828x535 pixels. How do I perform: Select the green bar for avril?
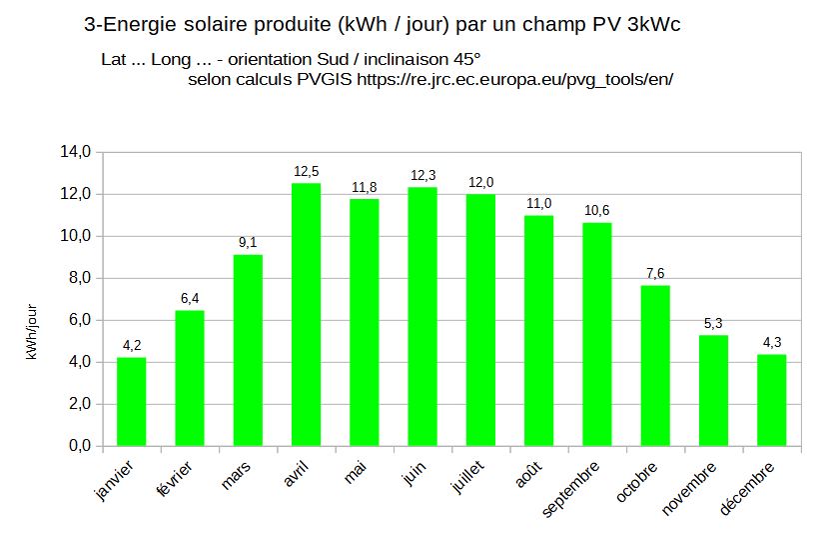306,315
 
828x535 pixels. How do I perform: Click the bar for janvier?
131,402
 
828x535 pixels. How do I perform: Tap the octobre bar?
655,366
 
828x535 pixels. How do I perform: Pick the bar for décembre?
771,400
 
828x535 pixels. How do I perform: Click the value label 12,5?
307,171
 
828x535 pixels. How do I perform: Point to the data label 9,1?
248,242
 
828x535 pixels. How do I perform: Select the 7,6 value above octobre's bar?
655,273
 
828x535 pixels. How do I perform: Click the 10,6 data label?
596,210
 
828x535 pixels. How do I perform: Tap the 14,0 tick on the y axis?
75,152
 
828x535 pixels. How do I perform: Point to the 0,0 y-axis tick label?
79,446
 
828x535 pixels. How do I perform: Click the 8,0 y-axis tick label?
79,278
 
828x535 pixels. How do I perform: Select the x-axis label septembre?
571,488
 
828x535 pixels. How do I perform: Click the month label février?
175,478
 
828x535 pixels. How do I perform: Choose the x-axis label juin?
414,473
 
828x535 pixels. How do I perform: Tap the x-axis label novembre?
688,488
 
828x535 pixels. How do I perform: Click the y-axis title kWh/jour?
31,332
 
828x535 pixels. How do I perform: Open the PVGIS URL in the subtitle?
514,79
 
